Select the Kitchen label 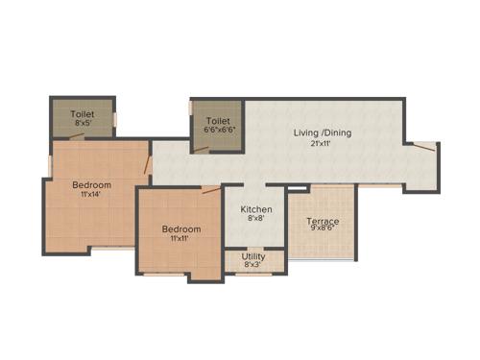coord(256,208)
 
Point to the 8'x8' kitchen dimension coord(256,219)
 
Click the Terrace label coord(323,222)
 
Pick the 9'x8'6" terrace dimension coord(323,232)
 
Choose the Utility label coord(254,256)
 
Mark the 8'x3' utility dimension coord(254,266)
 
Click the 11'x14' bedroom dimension coord(92,195)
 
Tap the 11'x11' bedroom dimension coord(180,239)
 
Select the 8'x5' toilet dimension coord(84,123)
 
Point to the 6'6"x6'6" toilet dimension coord(218,132)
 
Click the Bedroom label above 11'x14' coord(92,184)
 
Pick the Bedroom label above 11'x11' coord(180,228)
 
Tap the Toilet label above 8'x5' coord(84,113)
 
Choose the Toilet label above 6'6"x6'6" coord(218,121)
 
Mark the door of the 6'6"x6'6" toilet coord(202,149)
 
